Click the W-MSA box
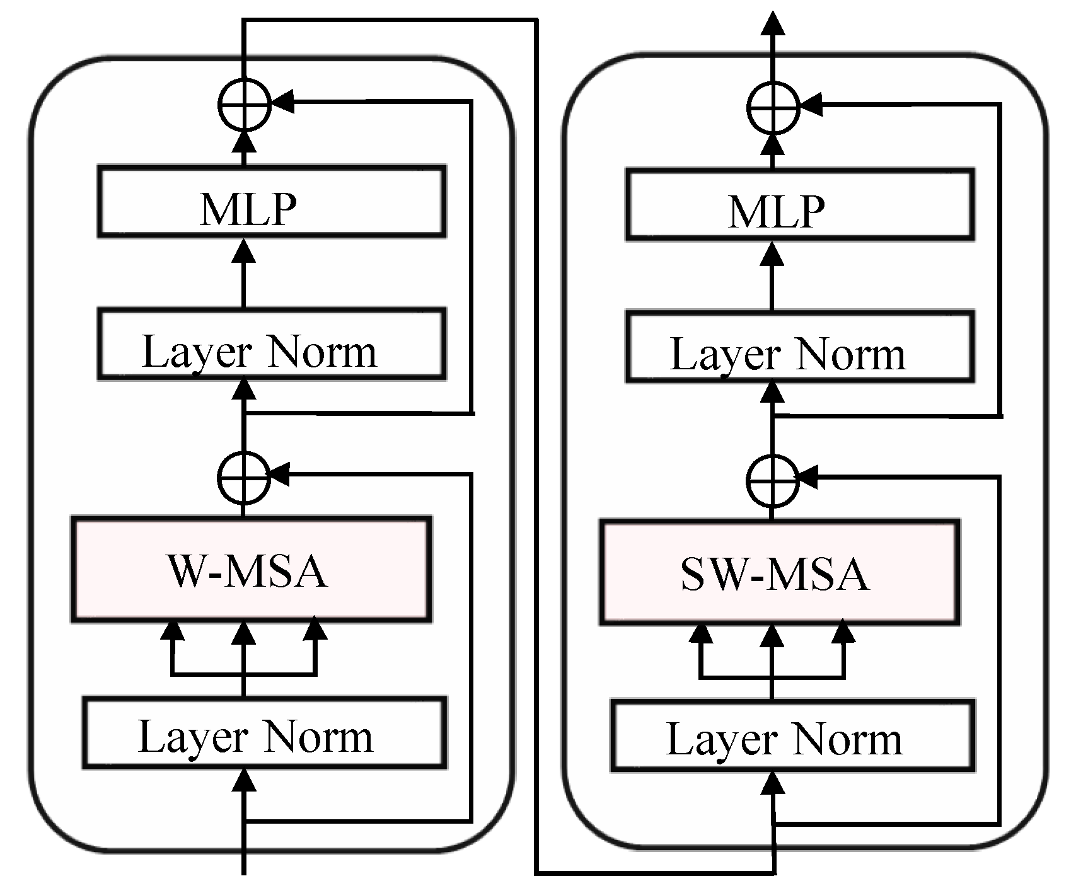(x=251, y=570)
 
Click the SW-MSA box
(x=779, y=573)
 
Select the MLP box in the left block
(x=271, y=202)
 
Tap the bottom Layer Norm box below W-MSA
(x=264, y=733)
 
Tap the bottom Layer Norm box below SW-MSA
(x=793, y=735)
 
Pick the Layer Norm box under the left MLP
(x=271, y=343)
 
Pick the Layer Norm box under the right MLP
(x=799, y=346)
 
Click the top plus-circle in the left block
(x=245, y=105)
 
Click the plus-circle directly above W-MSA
(x=243, y=478)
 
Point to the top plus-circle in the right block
(x=773, y=107)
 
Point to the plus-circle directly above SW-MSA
(x=772, y=480)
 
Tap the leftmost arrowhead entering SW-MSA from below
(x=700, y=633)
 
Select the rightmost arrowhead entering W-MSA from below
(x=315, y=631)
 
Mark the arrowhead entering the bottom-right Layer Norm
(x=773, y=784)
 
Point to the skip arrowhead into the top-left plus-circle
(x=284, y=101)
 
